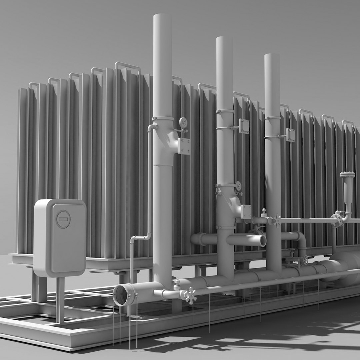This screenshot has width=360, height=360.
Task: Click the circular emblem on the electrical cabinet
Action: (x=63, y=219)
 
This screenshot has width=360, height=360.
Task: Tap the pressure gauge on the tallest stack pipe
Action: (x=183, y=122)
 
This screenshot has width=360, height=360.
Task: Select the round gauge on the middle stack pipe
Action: (x=238, y=186)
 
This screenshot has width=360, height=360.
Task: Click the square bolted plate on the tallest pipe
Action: (x=184, y=146)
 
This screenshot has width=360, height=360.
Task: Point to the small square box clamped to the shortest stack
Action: (x=290, y=135)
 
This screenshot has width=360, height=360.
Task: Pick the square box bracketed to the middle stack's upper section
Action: (x=244, y=126)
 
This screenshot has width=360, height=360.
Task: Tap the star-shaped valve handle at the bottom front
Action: (x=190, y=295)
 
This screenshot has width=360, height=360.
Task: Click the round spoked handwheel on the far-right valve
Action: (x=337, y=220)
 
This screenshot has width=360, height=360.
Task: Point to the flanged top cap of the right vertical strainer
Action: (x=347, y=174)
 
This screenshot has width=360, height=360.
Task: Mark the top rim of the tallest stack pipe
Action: (x=162, y=16)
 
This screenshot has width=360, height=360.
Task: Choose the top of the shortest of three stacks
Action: (x=272, y=55)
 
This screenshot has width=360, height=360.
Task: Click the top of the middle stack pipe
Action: (x=224, y=38)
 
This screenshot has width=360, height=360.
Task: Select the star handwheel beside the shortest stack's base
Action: (x=277, y=221)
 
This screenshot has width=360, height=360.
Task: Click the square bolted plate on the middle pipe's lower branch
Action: (x=246, y=212)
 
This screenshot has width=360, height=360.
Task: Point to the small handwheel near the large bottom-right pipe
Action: (x=305, y=260)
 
